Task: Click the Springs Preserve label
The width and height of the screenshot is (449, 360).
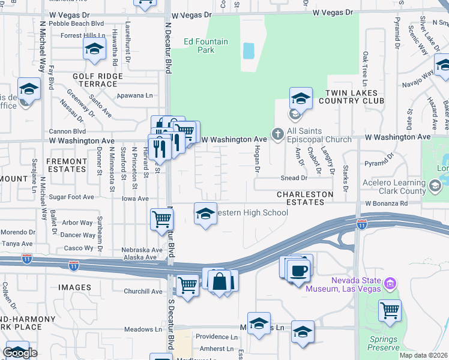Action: pyautogui.click(x=384, y=343)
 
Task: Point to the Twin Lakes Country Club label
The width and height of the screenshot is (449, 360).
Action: pyautogui.click(x=351, y=97)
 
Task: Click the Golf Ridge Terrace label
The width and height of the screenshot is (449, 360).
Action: pyautogui.click(x=97, y=80)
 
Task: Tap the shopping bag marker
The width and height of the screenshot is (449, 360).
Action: pyautogui.click(x=220, y=281)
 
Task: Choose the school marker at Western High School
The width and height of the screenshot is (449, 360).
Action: pyautogui.click(x=205, y=214)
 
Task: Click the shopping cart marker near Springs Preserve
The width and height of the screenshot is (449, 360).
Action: pyautogui.click(x=390, y=310)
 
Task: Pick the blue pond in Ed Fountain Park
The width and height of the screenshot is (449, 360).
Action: pyautogui.click(x=249, y=50)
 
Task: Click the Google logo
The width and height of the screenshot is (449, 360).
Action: pyautogui.click(x=20, y=353)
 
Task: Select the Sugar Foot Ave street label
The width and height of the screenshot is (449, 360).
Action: pyautogui.click(x=71, y=197)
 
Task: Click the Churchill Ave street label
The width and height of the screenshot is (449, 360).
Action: pyautogui.click(x=143, y=292)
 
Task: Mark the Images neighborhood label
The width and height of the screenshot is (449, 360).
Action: pyautogui.click(x=74, y=287)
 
